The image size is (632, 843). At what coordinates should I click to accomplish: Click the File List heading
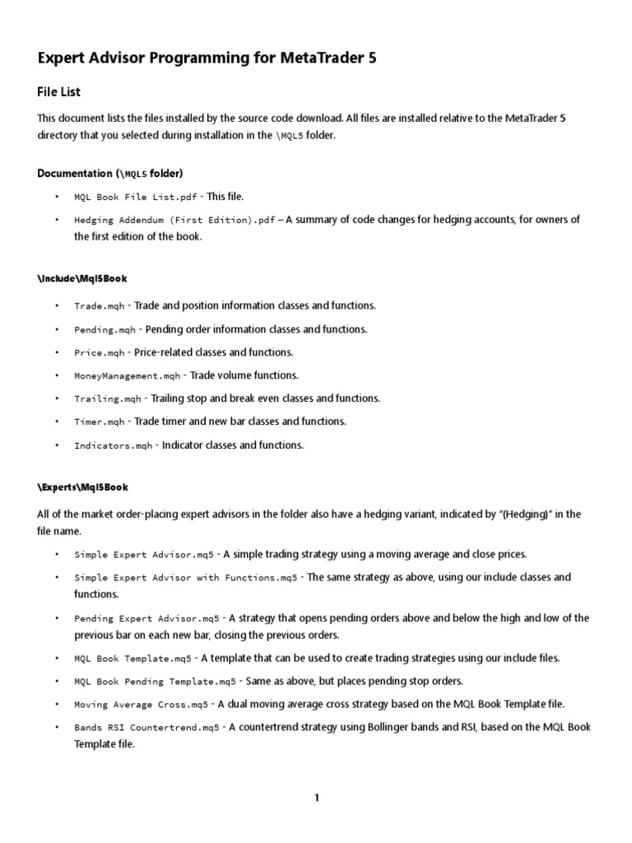click(58, 92)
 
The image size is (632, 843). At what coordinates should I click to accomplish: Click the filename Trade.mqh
click(99, 306)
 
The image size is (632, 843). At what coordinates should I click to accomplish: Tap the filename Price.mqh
click(99, 352)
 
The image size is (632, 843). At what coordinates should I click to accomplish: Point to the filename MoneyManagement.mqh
click(127, 375)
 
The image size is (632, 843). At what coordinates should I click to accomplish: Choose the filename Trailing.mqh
click(108, 398)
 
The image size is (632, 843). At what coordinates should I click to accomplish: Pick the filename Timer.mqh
click(99, 421)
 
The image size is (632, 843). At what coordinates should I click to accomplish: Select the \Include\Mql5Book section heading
click(82, 279)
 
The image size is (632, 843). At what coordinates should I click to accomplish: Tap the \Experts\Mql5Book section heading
click(82, 487)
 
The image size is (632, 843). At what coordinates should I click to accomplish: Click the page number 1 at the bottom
click(316, 797)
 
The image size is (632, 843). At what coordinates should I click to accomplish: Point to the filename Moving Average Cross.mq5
click(141, 705)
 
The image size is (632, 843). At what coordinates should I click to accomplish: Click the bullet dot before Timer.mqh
click(57, 421)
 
